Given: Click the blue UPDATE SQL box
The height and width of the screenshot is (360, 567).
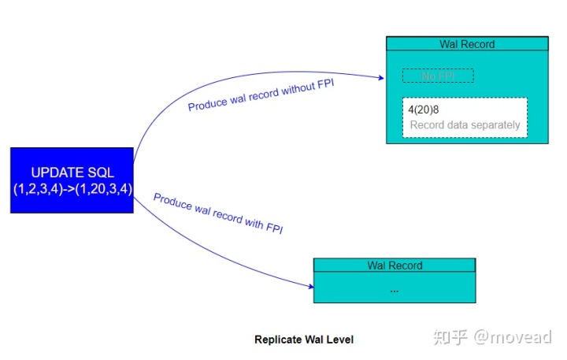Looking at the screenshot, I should pos(72,180).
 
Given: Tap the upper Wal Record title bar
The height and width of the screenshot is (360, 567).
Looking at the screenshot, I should pos(467,44).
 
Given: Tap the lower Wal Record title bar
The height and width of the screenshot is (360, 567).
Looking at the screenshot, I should pos(395,265).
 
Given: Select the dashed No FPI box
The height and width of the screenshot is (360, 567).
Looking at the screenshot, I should pos(438,76).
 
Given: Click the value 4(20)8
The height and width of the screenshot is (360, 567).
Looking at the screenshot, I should pos(424,110).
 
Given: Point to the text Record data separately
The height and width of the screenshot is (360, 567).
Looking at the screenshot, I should pos(465,125).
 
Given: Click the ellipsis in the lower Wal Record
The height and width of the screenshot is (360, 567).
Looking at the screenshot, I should pos(395,288).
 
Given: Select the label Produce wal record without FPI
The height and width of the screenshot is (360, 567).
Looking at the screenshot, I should pos(261,95).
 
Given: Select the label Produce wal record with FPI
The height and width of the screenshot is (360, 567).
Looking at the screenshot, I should pos(218,213).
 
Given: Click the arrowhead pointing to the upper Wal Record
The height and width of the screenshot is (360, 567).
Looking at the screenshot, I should pos(380,77).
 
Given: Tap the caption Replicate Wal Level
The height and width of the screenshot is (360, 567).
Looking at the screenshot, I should pos(304,340).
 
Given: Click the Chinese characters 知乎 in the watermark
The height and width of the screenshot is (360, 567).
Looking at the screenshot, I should pos(452,337).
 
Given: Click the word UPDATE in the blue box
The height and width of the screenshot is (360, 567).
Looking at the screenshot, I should pos(56,173).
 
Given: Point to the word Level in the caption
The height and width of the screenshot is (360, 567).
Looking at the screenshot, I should pos(340,340).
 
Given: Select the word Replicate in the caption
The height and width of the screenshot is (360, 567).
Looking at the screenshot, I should pos(276,340).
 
